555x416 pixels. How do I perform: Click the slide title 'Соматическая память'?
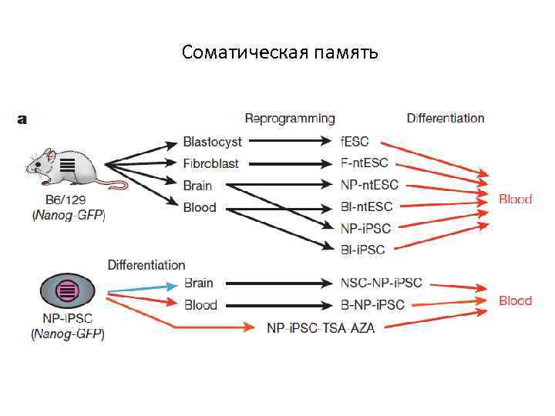280,52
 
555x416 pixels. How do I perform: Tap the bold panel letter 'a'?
22,119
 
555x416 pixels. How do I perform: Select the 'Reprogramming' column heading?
290,119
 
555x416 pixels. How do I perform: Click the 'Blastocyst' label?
212,142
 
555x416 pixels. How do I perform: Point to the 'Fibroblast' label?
210,163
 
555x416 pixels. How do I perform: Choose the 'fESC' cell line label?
355,142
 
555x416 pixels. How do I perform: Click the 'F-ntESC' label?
365,163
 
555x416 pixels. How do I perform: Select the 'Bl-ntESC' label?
366,206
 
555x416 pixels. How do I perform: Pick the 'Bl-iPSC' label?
362,249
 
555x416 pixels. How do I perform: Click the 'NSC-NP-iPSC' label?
381,283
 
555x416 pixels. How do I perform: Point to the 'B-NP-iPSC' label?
372,305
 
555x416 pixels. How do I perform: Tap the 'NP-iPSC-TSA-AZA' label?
321,327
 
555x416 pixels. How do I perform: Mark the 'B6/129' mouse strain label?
68,203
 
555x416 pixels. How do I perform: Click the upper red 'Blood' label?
515,199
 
